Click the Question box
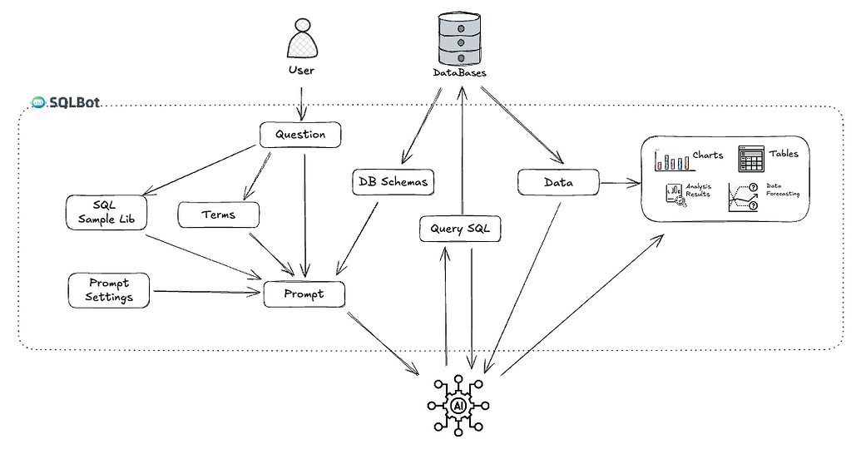point(300,135)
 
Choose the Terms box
point(219,215)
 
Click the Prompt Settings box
point(109,290)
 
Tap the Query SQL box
point(460,228)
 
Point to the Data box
point(558,182)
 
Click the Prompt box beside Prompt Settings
point(304,294)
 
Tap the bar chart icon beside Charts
point(672,160)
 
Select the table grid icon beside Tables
point(751,158)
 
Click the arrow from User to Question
point(300,100)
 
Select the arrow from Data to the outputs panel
point(619,181)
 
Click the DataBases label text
point(459,73)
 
